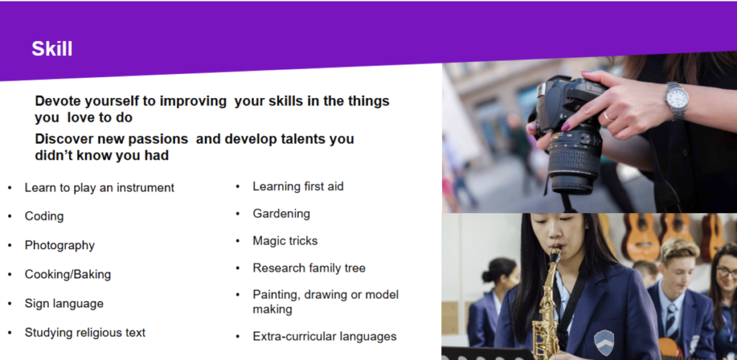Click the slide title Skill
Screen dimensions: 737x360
[x=52, y=49]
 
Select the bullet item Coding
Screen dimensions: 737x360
[x=44, y=216]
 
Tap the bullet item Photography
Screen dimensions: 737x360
[x=60, y=246]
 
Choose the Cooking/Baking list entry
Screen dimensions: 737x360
[x=68, y=274]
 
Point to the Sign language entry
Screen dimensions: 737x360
[x=64, y=304]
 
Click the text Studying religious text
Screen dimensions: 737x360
[x=85, y=333]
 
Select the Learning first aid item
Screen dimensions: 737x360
[x=298, y=186]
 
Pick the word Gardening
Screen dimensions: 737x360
[x=281, y=214]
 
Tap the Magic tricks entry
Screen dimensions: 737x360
[x=285, y=241]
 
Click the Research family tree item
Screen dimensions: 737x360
[x=309, y=268]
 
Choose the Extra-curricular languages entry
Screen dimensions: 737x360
[x=325, y=336]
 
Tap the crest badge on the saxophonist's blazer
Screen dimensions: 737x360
[x=604, y=343]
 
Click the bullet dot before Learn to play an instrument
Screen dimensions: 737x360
[x=10, y=188]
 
